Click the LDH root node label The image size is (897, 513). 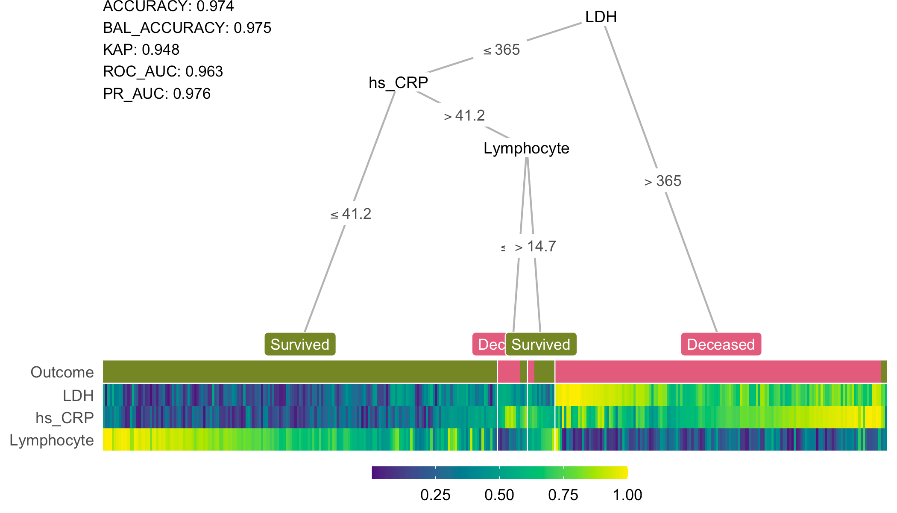point(601,17)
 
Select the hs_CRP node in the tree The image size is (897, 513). point(398,83)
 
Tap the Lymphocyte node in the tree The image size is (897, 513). point(526,148)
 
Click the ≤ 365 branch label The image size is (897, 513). point(501,50)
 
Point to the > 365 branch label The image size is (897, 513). point(662,181)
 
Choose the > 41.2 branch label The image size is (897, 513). point(464,116)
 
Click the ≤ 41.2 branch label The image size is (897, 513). point(351,214)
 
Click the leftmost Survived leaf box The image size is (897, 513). point(300,344)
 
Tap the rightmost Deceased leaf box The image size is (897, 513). point(721,344)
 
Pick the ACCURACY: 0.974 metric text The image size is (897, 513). point(168,6)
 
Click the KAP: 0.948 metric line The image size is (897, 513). point(141,50)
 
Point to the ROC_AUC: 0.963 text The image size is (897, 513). point(163,71)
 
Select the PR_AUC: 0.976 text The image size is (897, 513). point(157,94)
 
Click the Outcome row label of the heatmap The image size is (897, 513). point(62,372)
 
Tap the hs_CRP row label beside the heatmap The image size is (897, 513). point(64,418)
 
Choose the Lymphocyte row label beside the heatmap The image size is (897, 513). point(52,440)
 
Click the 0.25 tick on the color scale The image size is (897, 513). point(435,495)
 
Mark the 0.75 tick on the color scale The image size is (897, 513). point(563,495)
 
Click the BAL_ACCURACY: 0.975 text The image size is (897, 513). point(187,28)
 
